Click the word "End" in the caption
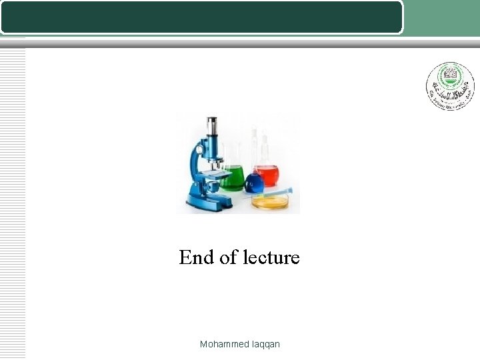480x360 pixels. [195, 257]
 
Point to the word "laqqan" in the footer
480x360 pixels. [266, 344]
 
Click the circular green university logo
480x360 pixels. [451, 86]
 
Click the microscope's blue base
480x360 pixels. [207, 200]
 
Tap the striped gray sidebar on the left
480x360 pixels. [13, 200]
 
